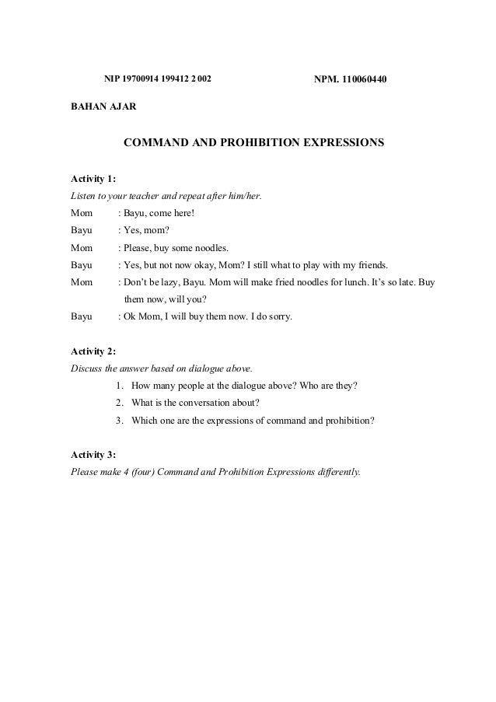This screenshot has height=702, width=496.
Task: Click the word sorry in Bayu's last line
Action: (279, 316)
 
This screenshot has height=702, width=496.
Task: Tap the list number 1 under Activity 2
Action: (117, 386)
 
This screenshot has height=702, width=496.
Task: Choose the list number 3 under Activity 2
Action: (117, 421)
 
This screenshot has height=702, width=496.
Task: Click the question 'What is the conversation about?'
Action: (196, 403)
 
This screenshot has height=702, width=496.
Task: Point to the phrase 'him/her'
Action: (246, 195)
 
